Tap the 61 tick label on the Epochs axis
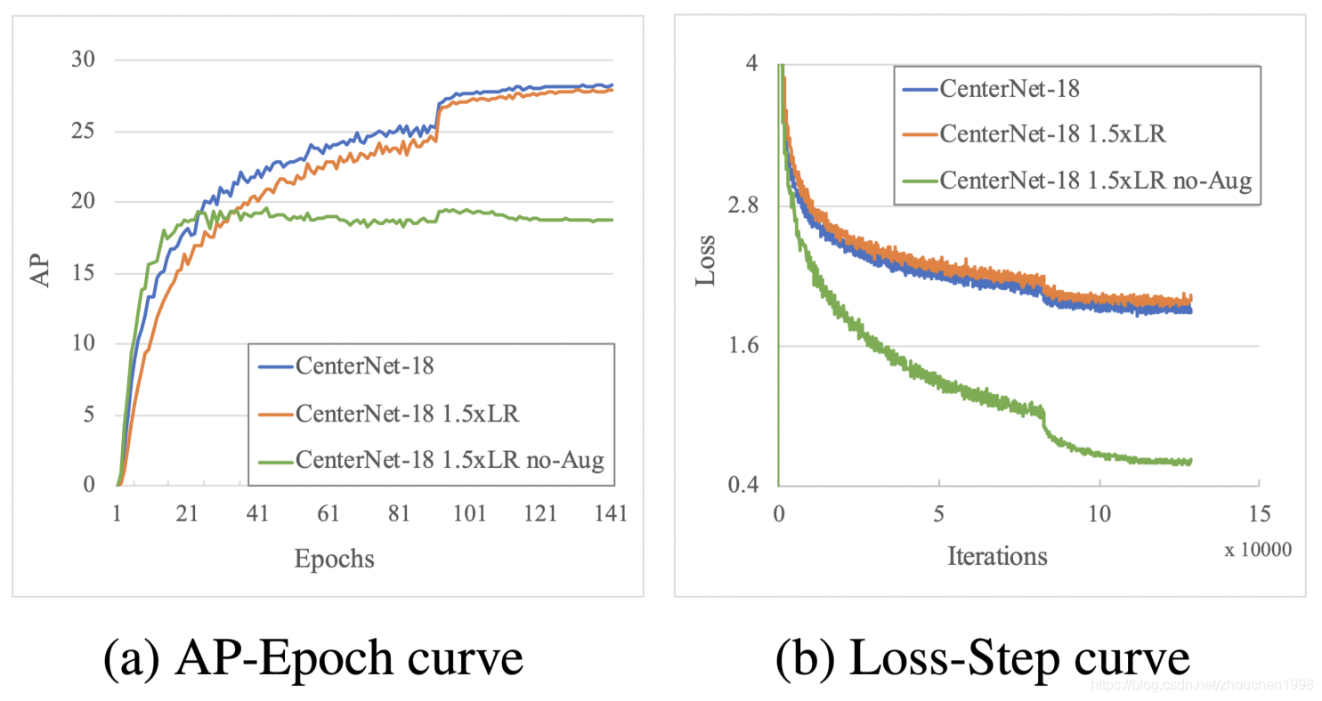tap(328, 515)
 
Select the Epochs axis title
tap(334, 559)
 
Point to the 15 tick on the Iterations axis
tap(1258, 515)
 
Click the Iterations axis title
tap(997, 557)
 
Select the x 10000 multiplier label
tap(1259, 551)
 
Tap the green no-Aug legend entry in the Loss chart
tap(1096, 181)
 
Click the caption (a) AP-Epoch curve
tap(312, 659)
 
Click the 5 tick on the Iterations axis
tap(939, 515)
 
